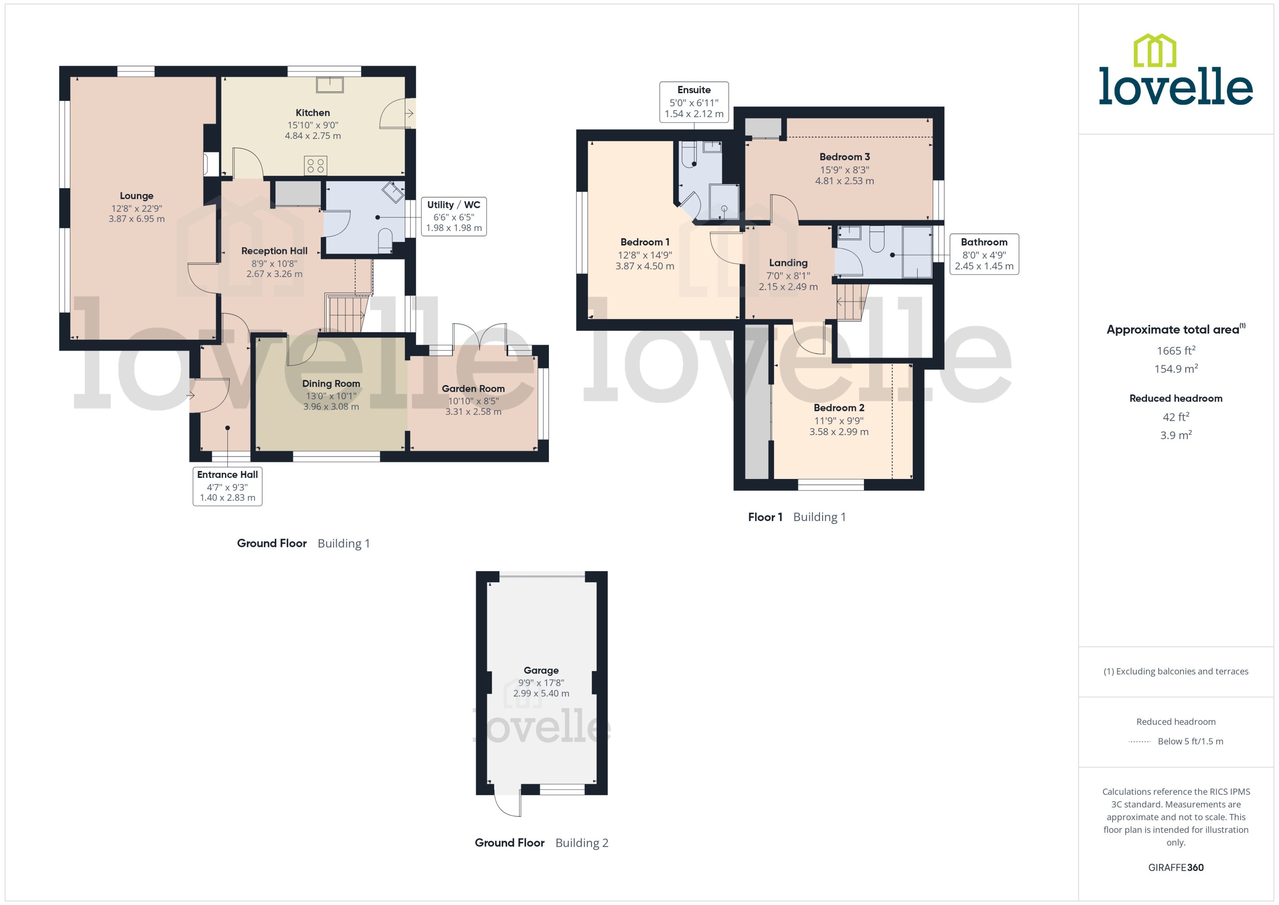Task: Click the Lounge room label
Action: [x=137, y=195]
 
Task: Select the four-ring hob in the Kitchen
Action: [x=315, y=166]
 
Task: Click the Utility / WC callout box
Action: [x=453, y=216]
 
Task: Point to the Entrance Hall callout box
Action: [x=227, y=486]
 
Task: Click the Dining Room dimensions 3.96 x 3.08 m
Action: [x=331, y=407]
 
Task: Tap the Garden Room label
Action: [x=473, y=388]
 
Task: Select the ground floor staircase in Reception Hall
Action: [x=346, y=314]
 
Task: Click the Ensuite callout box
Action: [x=694, y=102]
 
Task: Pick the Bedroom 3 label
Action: [x=844, y=157]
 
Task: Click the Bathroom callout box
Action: [x=984, y=254]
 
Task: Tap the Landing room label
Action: [x=788, y=262]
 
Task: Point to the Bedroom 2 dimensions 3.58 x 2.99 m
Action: [x=839, y=432]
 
